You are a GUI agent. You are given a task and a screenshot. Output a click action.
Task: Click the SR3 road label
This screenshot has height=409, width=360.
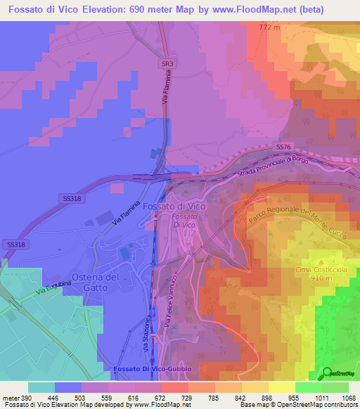[x=167, y=64]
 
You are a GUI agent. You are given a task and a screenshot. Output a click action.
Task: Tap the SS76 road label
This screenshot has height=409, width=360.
[x=283, y=146]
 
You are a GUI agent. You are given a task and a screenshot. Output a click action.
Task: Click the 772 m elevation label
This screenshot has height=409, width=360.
[x=269, y=27]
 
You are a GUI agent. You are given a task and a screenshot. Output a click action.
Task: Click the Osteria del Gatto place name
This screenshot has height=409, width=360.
[x=97, y=282]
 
